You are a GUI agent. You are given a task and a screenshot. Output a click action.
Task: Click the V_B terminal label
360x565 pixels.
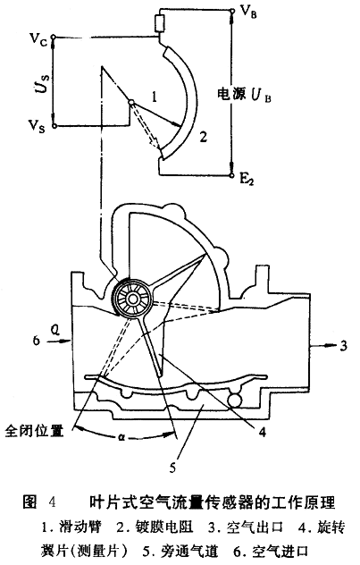tap(248, 13)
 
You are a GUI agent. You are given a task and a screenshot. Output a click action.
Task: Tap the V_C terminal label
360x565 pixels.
tap(38, 38)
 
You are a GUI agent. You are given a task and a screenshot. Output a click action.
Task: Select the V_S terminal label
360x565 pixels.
tap(37, 126)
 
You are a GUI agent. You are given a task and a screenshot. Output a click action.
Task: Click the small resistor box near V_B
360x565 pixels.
tap(160, 23)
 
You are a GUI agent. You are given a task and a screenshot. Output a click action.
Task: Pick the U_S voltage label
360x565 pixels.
tap(42, 82)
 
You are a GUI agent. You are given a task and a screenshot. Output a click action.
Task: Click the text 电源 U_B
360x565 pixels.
tap(244, 95)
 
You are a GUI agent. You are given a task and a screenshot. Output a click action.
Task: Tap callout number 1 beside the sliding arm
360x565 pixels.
tap(154, 97)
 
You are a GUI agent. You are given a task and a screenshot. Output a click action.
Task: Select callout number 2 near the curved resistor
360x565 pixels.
tap(204, 137)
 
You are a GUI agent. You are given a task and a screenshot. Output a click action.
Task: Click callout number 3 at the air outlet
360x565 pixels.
tap(343, 346)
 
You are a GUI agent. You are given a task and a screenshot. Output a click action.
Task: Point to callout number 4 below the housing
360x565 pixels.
tap(263, 431)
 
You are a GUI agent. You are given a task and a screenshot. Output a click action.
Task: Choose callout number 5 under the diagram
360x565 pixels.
tap(172, 468)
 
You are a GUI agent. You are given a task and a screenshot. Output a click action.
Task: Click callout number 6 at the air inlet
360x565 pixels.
tap(37, 340)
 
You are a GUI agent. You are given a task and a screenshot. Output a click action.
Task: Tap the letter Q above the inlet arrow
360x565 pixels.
tap(55, 330)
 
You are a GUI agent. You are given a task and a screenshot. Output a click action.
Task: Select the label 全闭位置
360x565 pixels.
tap(34, 431)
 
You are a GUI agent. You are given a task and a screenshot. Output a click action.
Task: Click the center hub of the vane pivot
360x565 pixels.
tap(133, 299)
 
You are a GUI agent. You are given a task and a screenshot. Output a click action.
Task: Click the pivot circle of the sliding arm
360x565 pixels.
tap(131, 102)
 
